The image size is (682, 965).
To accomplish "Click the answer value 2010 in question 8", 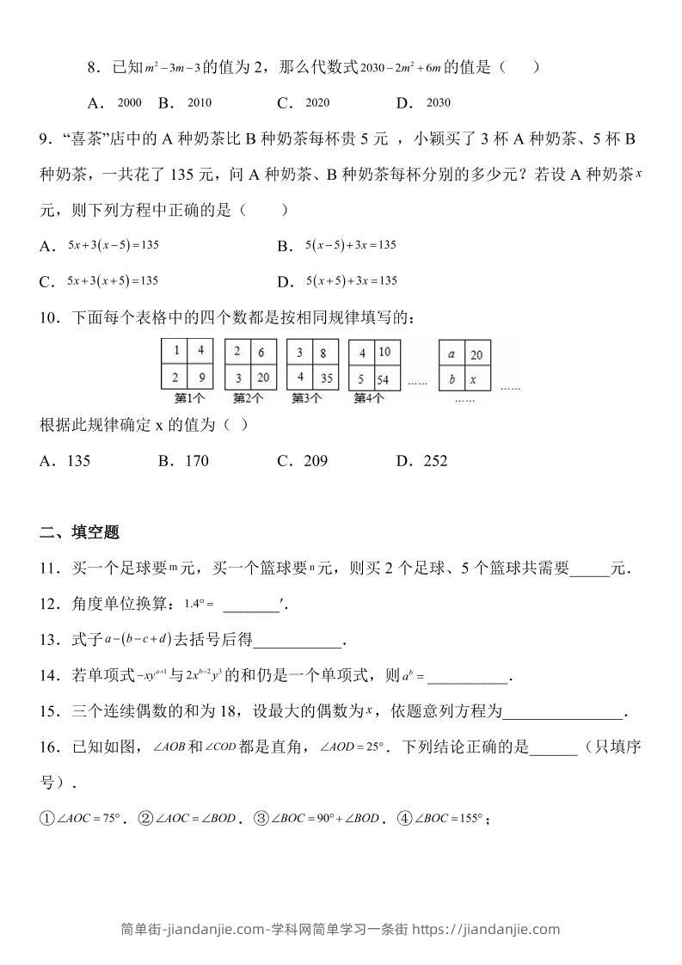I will [x=199, y=103].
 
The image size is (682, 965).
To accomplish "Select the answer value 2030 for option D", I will [x=438, y=103].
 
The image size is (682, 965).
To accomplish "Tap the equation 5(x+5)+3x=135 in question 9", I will [x=351, y=281].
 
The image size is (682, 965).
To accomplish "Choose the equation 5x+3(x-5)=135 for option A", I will [x=114, y=245].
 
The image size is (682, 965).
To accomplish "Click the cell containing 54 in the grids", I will [x=384, y=379].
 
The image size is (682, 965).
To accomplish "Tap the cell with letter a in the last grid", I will [x=452, y=353].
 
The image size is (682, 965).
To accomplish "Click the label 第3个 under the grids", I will [x=307, y=398].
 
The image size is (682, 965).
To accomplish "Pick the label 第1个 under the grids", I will [x=189, y=398].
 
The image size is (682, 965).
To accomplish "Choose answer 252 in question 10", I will [x=436, y=461].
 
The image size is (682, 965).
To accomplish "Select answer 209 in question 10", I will [x=316, y=461].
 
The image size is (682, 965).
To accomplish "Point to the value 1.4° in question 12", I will [x=195, y=605].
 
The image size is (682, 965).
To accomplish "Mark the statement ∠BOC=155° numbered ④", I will [x=448, y=819].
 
